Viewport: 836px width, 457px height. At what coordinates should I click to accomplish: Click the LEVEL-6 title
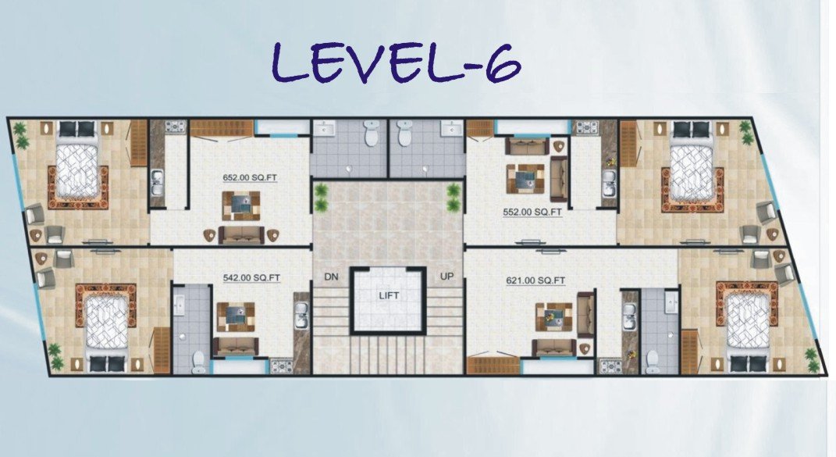pyautogui.click(x=396, y=63)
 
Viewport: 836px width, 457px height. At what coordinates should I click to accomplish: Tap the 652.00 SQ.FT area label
pyautogui.click(x=250, y=178)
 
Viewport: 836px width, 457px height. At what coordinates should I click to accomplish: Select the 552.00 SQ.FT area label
pyautogui.click(x=532, y=212)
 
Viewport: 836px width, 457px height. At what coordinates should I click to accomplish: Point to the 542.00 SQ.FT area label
pyautogui.click(x=251, y=277)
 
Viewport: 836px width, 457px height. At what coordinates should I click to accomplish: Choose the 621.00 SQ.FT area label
pyautogui.click(x=535, y=280)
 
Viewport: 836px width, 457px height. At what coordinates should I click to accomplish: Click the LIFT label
pyautogui.click(x=390, y=295)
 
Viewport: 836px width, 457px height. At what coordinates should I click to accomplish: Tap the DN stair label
pyautogui.click(x=331, y=277)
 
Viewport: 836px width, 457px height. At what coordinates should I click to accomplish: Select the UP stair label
pyautogui.click(x=446, y=277)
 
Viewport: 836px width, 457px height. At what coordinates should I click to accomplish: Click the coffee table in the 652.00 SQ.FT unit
pyautogui.click(x=241, y=205)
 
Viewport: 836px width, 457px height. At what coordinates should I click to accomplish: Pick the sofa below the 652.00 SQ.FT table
pyautogui.click(x=241, y=235)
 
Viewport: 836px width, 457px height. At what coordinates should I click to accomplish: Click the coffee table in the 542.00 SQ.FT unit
pyautogui.click(x=235, y=317)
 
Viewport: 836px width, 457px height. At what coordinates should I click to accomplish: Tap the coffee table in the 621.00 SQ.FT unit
pyautogui.click(x=554, y=316)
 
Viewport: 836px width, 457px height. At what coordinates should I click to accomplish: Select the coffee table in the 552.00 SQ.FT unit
pyautogui.click(x=525, y=179)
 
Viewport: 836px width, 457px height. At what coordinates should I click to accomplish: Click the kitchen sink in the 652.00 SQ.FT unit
pyautogui.click(x=157, y=183)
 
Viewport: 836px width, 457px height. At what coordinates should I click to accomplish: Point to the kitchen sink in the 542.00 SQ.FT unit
pyautogui.click(x=301, y=316)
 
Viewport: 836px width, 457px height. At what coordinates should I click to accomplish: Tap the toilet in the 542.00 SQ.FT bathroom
pyautogui.click(x=199, y=362)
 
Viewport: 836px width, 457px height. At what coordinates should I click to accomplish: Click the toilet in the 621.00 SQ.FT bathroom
pyautogui.click(x=652, y=362)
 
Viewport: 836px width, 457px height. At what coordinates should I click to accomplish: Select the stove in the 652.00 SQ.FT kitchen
pyautogui.click(x=175, y=127)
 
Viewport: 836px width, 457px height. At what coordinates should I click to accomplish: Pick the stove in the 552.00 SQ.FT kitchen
pyautogui.click(x=585, y=127)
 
